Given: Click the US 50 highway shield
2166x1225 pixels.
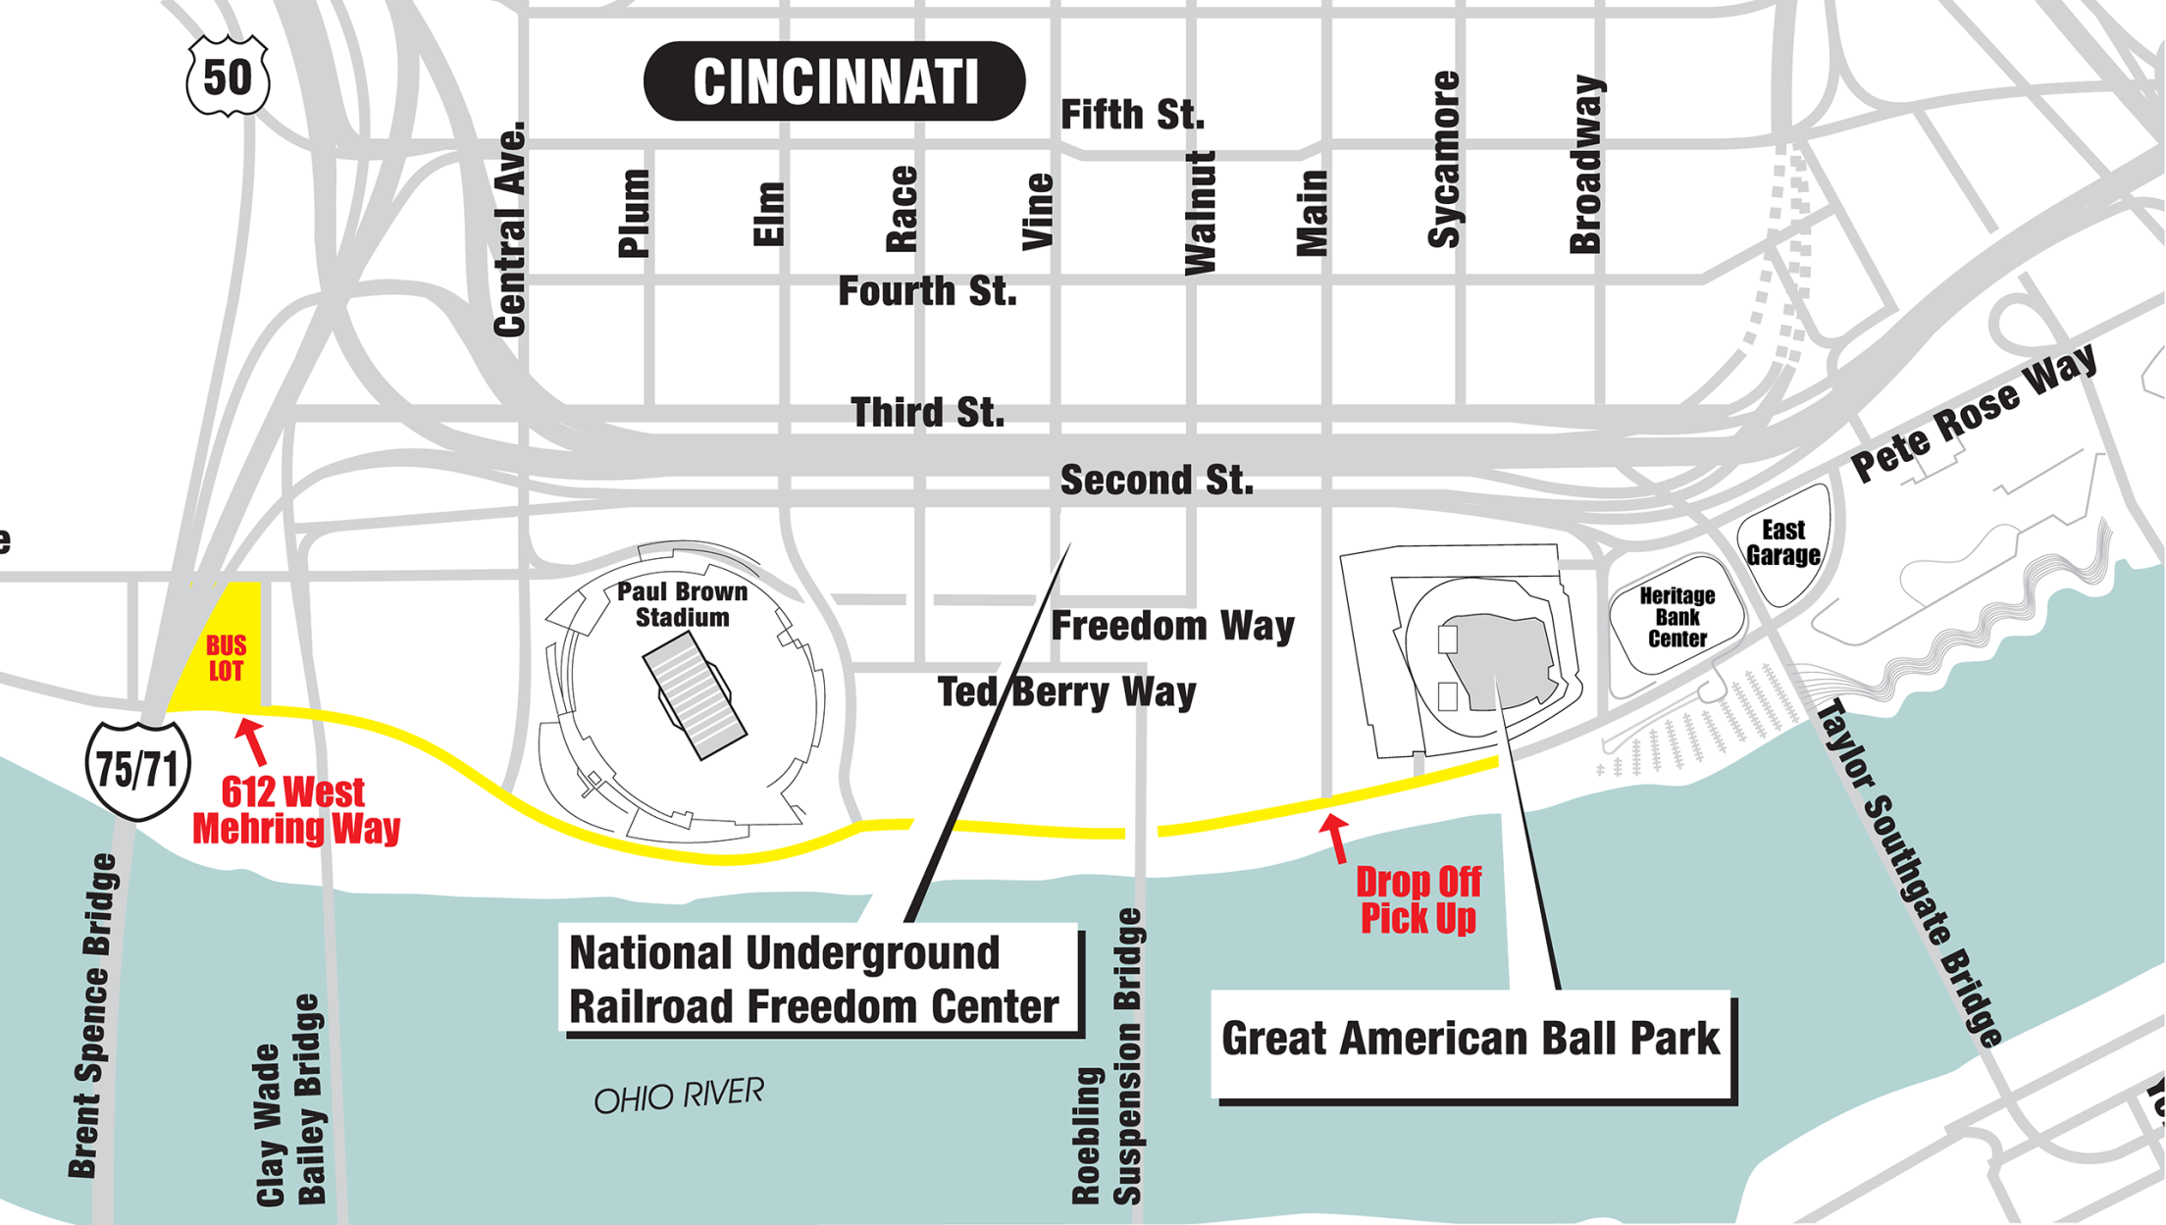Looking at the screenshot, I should pyautogui.click(x=228, y=77).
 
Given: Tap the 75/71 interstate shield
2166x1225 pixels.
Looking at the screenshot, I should pyautogui.click(x=137, y=770).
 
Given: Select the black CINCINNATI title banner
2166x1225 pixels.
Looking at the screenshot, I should pyautogui.click(x=834, y=81).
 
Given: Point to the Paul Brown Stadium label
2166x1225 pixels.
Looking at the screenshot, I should pyautogui.click(x=682, y=604).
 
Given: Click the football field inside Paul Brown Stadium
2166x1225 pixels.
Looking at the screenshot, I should pyautogui.click(x=695, y=694).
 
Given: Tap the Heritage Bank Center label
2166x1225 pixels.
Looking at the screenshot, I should pyautogui.click(x=1676, y=617).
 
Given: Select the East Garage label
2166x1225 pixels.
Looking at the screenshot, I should pyautogui.click(x=1782, y=542).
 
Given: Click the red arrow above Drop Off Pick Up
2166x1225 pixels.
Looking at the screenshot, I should pyautogui.click(x=1335, y=837).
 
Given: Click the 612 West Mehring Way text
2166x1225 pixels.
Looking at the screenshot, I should pyautogui.click(x=295, y=810).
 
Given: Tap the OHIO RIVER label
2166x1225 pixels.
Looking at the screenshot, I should pyautogui.click(x=679, y=1096).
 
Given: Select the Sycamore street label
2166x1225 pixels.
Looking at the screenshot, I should pyautogui.click(x=1444, y=159).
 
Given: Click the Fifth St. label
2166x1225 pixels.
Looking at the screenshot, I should pyautogui.click(x=1132, y=115).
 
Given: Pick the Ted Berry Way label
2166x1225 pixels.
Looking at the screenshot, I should pyautogui.click(x=1066, y=692).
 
